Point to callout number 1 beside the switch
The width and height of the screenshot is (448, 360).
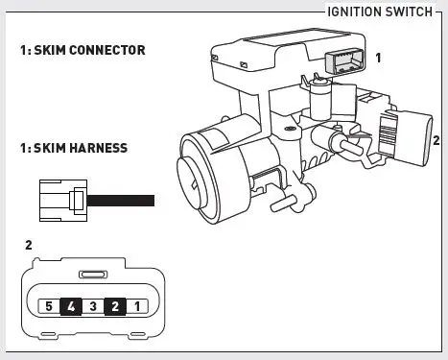pyautogui.click(x=378, y=58)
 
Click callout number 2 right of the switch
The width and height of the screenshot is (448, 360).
pyautogui.click(x=436, y=139)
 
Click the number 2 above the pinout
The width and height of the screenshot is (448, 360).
pyautogui.click(x=28, y=245)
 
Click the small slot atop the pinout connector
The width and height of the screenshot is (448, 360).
pyautogui.click(x=91, y=274)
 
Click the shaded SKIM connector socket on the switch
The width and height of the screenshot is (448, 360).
pyautogui.click(x=343, y=60)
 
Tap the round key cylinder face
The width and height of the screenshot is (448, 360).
pyautogui.click(x=204, y=178)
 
